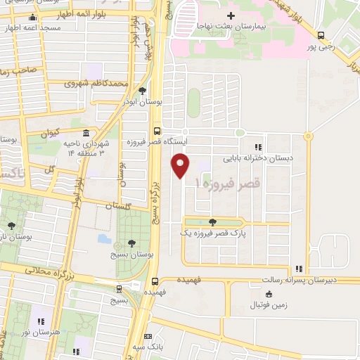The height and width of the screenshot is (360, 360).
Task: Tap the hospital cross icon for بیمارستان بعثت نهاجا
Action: [x=231, y=15]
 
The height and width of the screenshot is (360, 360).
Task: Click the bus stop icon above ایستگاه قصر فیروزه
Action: [x=155, y=130]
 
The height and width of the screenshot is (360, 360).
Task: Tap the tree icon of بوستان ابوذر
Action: [x=143, y=91]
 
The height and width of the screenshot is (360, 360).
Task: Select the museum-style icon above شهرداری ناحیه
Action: [x=86, y=133]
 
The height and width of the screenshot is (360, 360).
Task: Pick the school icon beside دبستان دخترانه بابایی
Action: [x=258, y=147]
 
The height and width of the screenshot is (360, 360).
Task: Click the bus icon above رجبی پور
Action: [x=321, y=35]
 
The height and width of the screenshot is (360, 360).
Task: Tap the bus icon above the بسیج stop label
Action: [x=117, y=288]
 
